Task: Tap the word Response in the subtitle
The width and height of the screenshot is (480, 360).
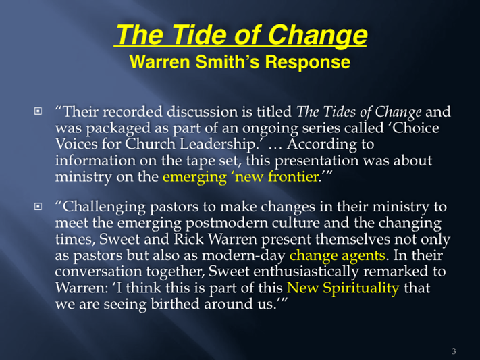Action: click(x=308, y=63)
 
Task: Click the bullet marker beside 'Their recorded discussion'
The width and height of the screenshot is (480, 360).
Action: click(x=38, y=111)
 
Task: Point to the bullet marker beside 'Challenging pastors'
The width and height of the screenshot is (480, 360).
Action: click(x=38, y=207)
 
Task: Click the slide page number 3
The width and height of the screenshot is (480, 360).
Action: click(x=454, y=351)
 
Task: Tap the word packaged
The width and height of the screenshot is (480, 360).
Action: click(x=118, y=129)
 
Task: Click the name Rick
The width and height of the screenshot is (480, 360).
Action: click(x=188, y=239)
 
